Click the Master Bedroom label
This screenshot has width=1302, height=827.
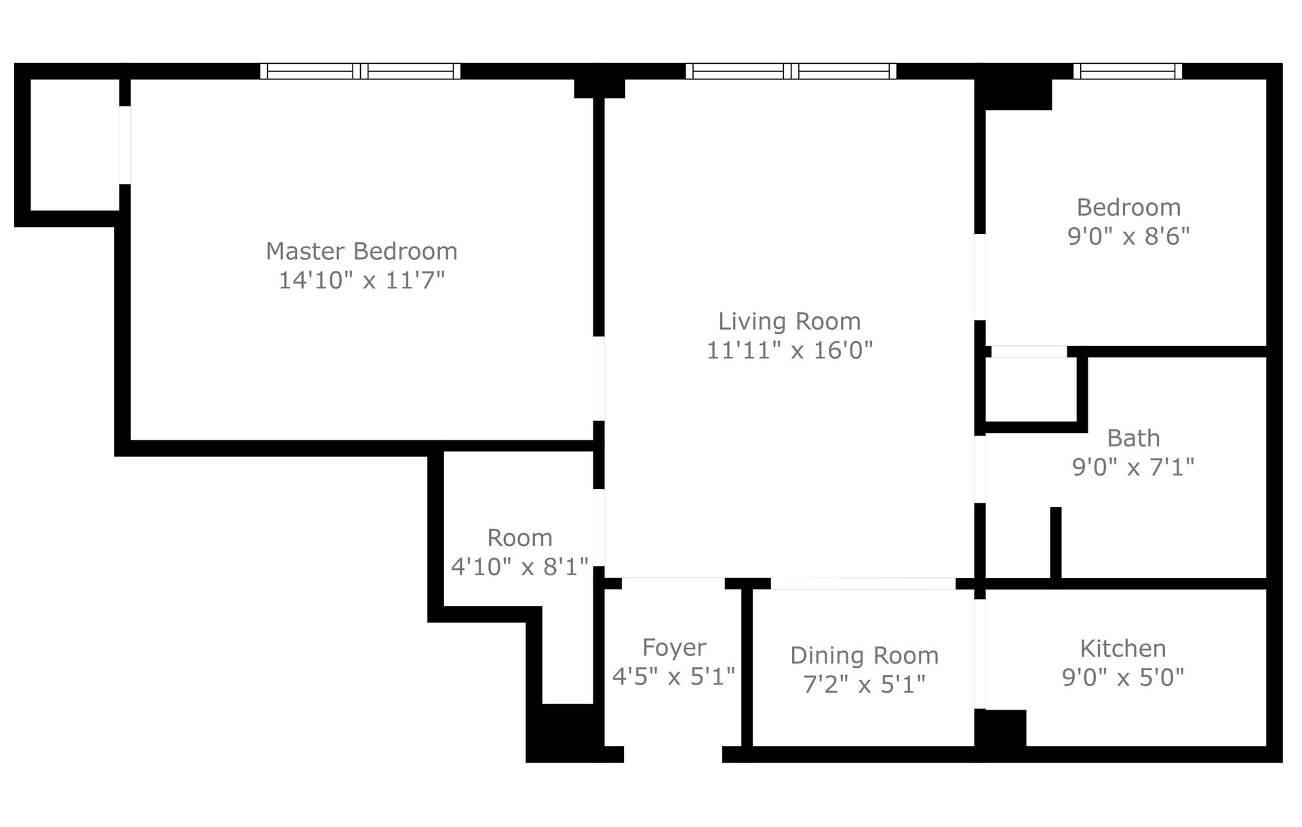(361, 251)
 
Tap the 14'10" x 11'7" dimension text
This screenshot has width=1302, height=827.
(361, 280)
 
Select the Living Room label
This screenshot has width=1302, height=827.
(789, 321)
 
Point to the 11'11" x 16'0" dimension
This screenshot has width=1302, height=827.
(789, 350)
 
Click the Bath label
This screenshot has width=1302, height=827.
(1133, 438)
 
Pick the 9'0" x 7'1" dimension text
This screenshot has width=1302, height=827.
(1133, 467)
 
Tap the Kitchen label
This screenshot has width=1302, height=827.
(1123, 648)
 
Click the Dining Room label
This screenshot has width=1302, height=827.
(864, 655)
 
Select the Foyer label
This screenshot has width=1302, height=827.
(674, 647)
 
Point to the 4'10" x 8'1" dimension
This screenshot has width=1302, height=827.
(519, 566)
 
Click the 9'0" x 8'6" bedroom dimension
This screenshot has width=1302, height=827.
(1128, 236)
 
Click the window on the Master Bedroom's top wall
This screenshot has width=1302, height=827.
(360, 71)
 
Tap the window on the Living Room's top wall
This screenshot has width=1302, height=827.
(791, 71)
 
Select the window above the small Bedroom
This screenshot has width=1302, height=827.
(1128, 71)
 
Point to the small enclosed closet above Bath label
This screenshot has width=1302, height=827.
(1030, 389)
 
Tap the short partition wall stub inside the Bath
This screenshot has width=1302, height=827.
(1055, 543)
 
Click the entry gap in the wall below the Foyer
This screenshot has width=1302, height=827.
(673, 754)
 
